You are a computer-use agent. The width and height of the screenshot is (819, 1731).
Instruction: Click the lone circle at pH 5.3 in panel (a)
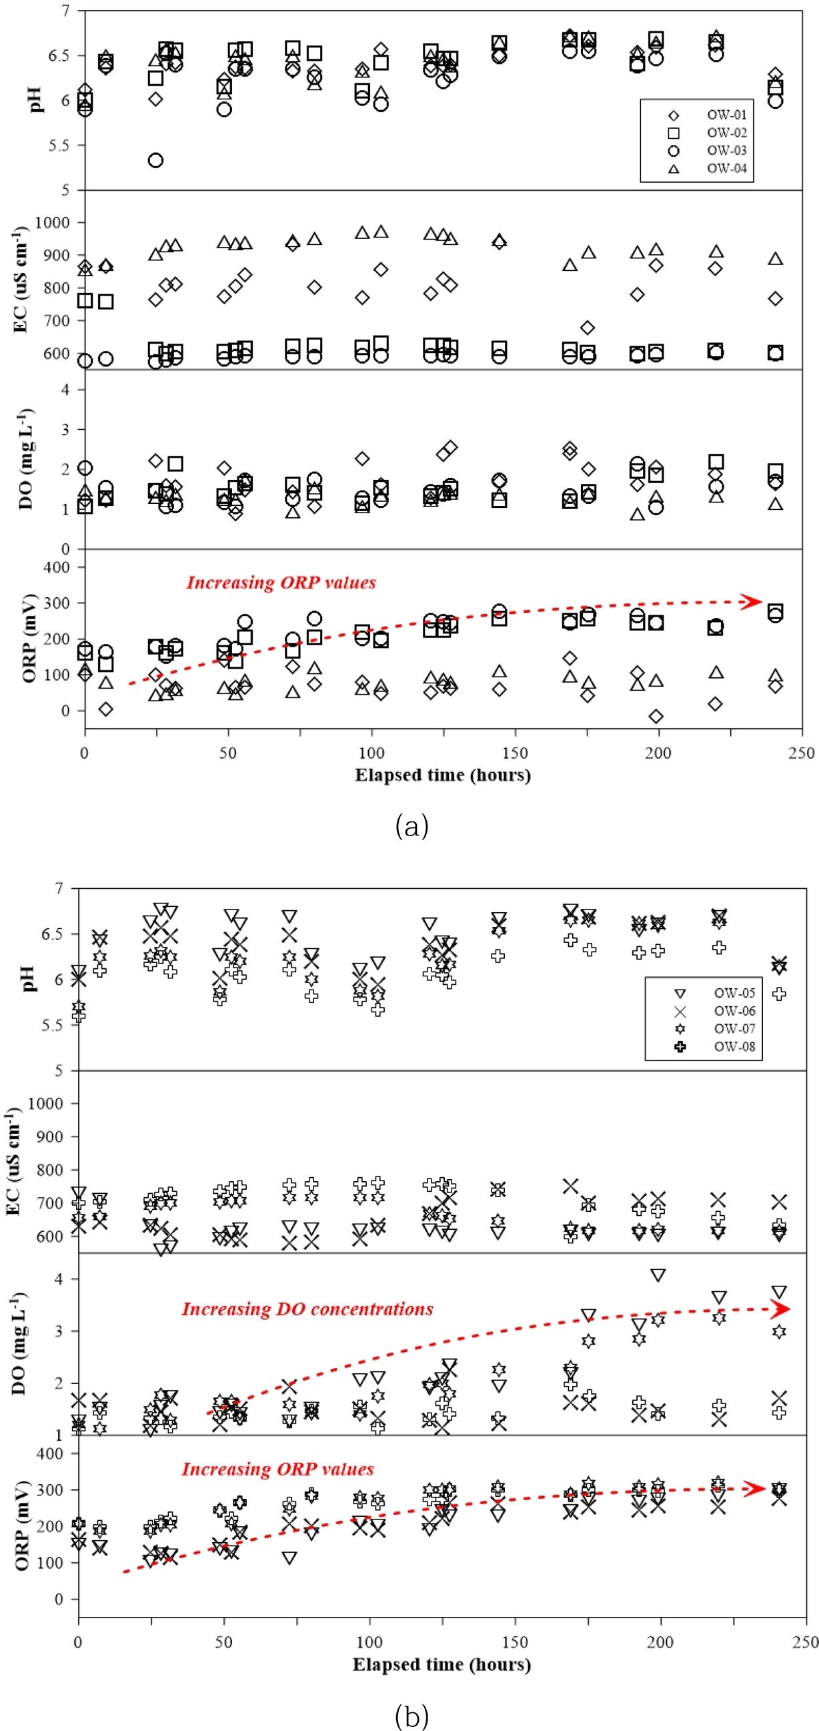(155, 161)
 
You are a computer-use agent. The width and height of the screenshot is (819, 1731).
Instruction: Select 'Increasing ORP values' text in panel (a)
(281, 583)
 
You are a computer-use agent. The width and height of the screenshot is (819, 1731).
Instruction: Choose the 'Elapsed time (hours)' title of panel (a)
(443, 775)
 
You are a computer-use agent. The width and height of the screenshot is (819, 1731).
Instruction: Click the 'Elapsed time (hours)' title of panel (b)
(442, 1664)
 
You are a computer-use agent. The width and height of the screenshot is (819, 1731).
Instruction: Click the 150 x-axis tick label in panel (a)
(516, 753)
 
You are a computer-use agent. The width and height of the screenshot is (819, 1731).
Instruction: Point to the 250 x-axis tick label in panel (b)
(805, 1642)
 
